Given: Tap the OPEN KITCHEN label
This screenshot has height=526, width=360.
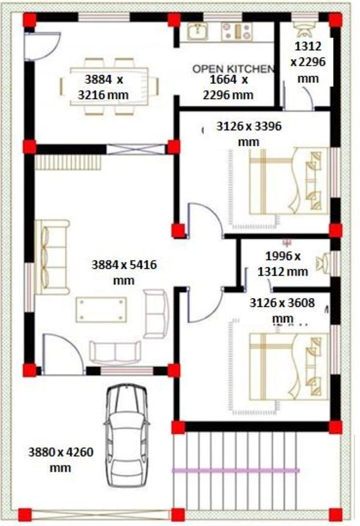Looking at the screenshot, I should [233, 69].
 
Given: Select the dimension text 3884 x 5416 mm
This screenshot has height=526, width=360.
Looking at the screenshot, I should [124, 271].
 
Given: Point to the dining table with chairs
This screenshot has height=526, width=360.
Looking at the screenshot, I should [109, 86].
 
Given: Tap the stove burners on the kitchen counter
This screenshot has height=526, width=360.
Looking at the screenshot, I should [236, 31].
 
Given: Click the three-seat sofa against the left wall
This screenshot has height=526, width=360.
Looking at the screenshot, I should [51, 257].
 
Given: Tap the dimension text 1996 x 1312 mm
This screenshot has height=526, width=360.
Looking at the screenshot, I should [283, 264].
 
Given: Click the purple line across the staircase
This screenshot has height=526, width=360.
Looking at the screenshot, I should [236, 470].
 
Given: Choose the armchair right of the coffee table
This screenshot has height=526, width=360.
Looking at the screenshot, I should [156, 313].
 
